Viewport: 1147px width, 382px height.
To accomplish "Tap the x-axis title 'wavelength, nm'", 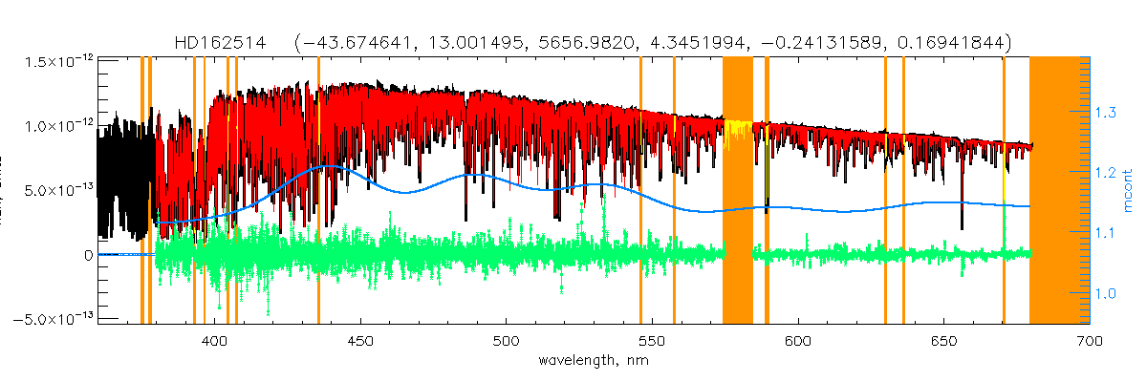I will coord(592,360).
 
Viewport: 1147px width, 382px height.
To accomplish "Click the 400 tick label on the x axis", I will coord(215,340).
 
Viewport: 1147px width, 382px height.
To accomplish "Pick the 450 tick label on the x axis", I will coord(360,340).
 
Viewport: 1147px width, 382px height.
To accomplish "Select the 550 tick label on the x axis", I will coord(652,340).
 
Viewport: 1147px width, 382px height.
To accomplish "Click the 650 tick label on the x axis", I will coord(943,340).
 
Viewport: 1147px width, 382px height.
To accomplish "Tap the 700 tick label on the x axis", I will coord(1089,340).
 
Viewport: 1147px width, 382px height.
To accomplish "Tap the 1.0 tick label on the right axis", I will coord(1108,293).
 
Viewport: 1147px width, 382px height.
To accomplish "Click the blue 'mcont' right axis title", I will coord(1129,191).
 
